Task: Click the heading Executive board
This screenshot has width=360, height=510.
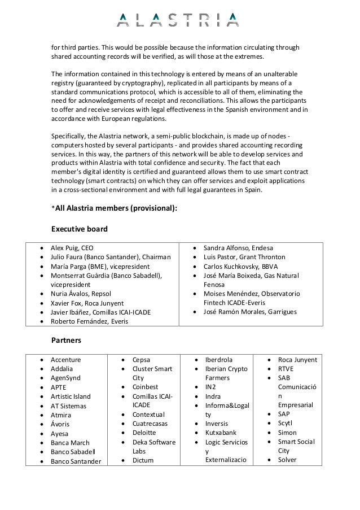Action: [x=80, y=229]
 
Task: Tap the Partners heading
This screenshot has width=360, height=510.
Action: [x=66, y=341]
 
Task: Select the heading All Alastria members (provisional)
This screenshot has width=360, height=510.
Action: [x=114, y=208]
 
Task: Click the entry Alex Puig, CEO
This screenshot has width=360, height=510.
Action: [x=72, y=248]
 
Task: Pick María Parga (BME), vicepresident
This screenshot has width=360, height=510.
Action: [x=100, y=266]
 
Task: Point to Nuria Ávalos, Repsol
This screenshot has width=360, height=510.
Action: [x=81, y=294]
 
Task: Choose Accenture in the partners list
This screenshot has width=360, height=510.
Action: [x=66, y=360]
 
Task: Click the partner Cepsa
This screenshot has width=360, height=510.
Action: [x=141, y=360]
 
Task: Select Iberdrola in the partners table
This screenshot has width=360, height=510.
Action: [x=219, y=360]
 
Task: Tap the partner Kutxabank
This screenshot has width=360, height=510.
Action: [x=221, y=433]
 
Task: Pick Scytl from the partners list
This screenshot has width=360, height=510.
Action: [x=286, y=423]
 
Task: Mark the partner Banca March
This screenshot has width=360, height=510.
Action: [x=70, y=443]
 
